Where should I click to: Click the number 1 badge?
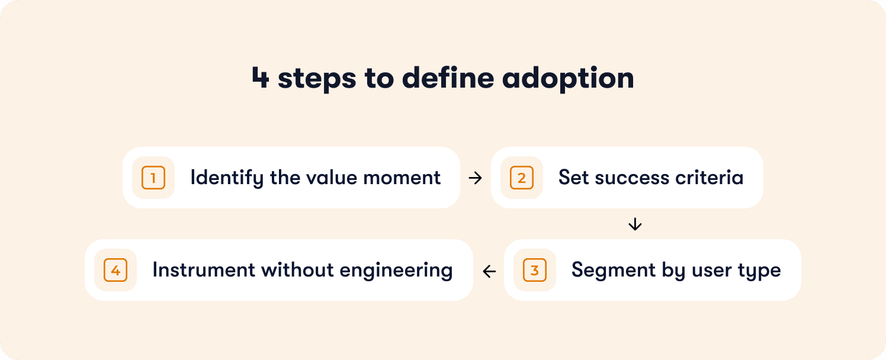tap(153, 178)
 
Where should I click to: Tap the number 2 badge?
tap(522, 178)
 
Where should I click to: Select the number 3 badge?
tap(535, 270)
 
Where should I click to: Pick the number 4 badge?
tap(115, 270)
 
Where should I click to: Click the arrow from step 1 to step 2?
tap(476, 178)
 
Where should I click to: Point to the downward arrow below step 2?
tap(635, 224)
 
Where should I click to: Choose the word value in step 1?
tap(328, 178)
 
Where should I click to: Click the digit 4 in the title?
tap(260, 79)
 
